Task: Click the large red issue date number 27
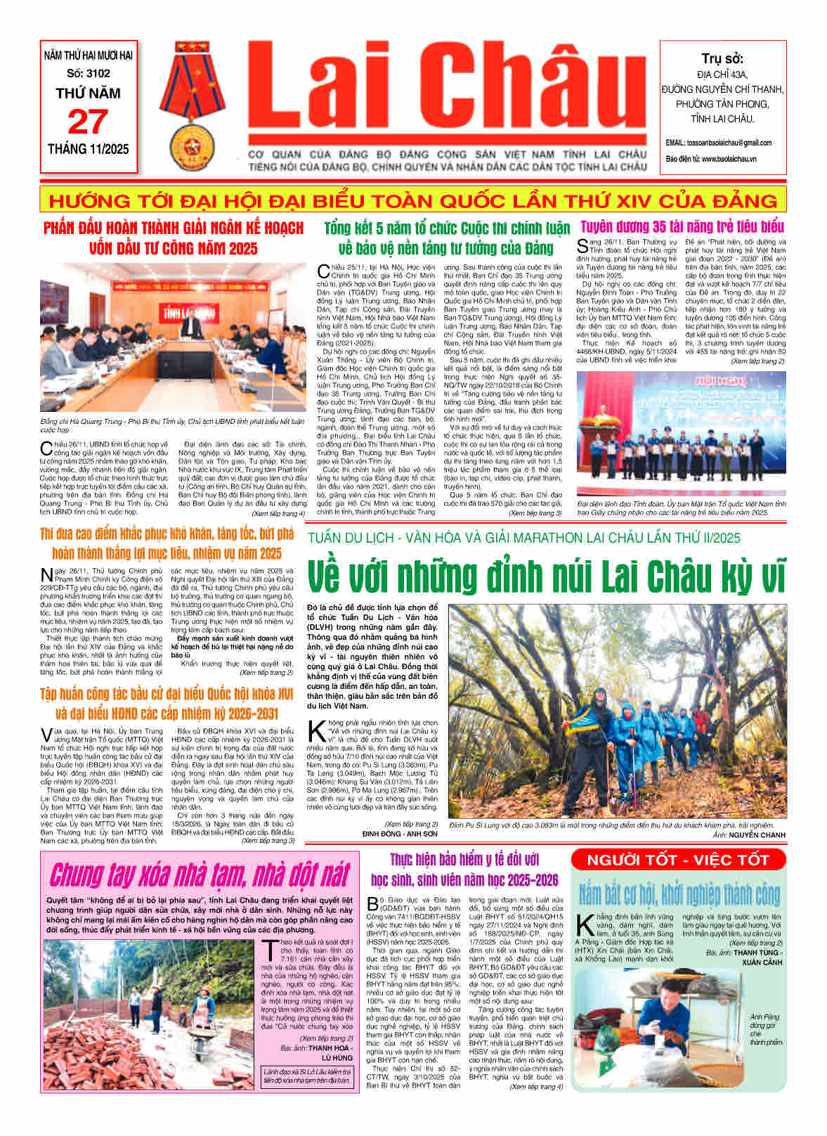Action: coord(88,122)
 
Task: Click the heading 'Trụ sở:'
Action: coord(722,58)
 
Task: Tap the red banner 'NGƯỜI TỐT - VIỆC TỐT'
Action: coord(678,860)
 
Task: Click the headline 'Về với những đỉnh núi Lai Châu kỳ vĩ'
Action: coord(546,577)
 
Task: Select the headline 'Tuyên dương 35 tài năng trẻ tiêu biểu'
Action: coord(682,227)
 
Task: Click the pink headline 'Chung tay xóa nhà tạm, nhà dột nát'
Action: coord(199,874)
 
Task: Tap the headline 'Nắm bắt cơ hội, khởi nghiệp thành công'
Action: coord(679,895)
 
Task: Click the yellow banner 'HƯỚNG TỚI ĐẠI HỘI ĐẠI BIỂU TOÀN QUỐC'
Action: coord(413,200)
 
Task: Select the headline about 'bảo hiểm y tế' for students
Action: coord(464,870)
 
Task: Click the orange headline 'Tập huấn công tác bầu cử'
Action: coord(167,703)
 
